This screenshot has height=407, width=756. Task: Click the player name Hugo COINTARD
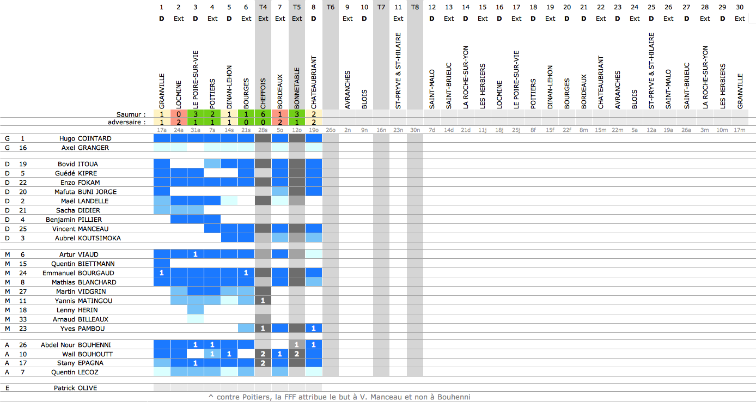tap(86, 138)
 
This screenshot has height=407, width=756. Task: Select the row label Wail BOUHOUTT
tap(87, 354)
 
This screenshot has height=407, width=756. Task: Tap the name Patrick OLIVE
tap(75, 388)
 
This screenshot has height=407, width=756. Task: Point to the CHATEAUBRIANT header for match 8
tap(314, 82)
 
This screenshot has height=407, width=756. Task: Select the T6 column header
tap(331, 7)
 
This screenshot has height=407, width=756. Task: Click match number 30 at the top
tap(740, 7)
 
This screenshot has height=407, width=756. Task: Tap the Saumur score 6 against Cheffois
tap(263, 114)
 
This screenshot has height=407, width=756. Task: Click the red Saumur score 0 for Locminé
tap(179, 114)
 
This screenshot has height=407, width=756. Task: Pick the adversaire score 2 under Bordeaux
tap(280, 122)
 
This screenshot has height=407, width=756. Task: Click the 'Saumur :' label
tap(131, 114)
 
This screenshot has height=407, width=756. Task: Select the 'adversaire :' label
tap(126, 122)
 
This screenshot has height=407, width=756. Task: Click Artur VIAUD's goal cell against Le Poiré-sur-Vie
tap(196, 254)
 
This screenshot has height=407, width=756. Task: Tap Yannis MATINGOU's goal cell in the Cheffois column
tap(263, 300)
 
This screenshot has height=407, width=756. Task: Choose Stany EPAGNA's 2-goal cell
tap(263, 363)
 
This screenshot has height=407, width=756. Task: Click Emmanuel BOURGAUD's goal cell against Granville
tap(162, 272)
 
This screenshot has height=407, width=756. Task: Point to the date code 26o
tap(331, 130)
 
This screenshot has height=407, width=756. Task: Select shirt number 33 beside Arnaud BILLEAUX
tap(23, 319)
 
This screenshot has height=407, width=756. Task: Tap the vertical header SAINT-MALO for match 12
tap(432, 89)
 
